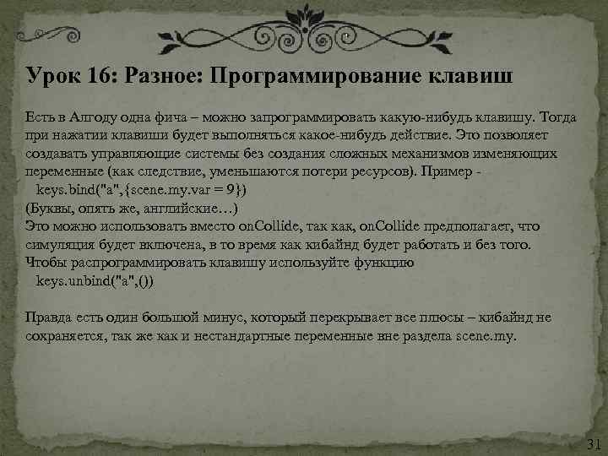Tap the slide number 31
(x=592, y=443)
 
